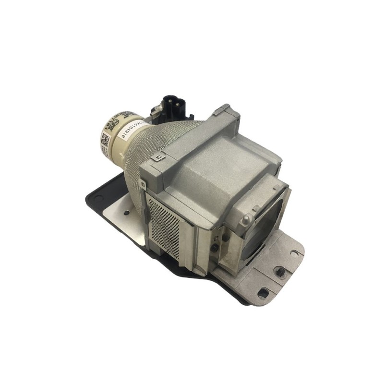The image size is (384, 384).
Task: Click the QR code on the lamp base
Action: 106,140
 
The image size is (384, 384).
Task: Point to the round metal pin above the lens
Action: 247,219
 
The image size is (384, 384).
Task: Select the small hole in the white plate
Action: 126,212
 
